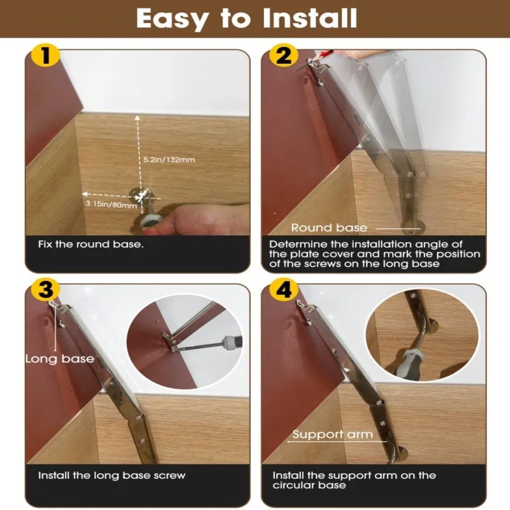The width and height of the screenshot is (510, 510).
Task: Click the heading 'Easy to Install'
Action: click(246, 19)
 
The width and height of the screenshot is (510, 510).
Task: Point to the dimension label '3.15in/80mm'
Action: click(112, 205)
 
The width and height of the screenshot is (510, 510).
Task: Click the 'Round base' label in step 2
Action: click(329, 228)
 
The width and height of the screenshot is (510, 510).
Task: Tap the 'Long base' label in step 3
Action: click(59, 359)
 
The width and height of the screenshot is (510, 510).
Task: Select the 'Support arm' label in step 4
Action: click(332, 435)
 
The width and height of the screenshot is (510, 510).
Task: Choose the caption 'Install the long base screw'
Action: click(112, 476)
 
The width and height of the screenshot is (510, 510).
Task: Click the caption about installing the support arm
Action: click(354, 480)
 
